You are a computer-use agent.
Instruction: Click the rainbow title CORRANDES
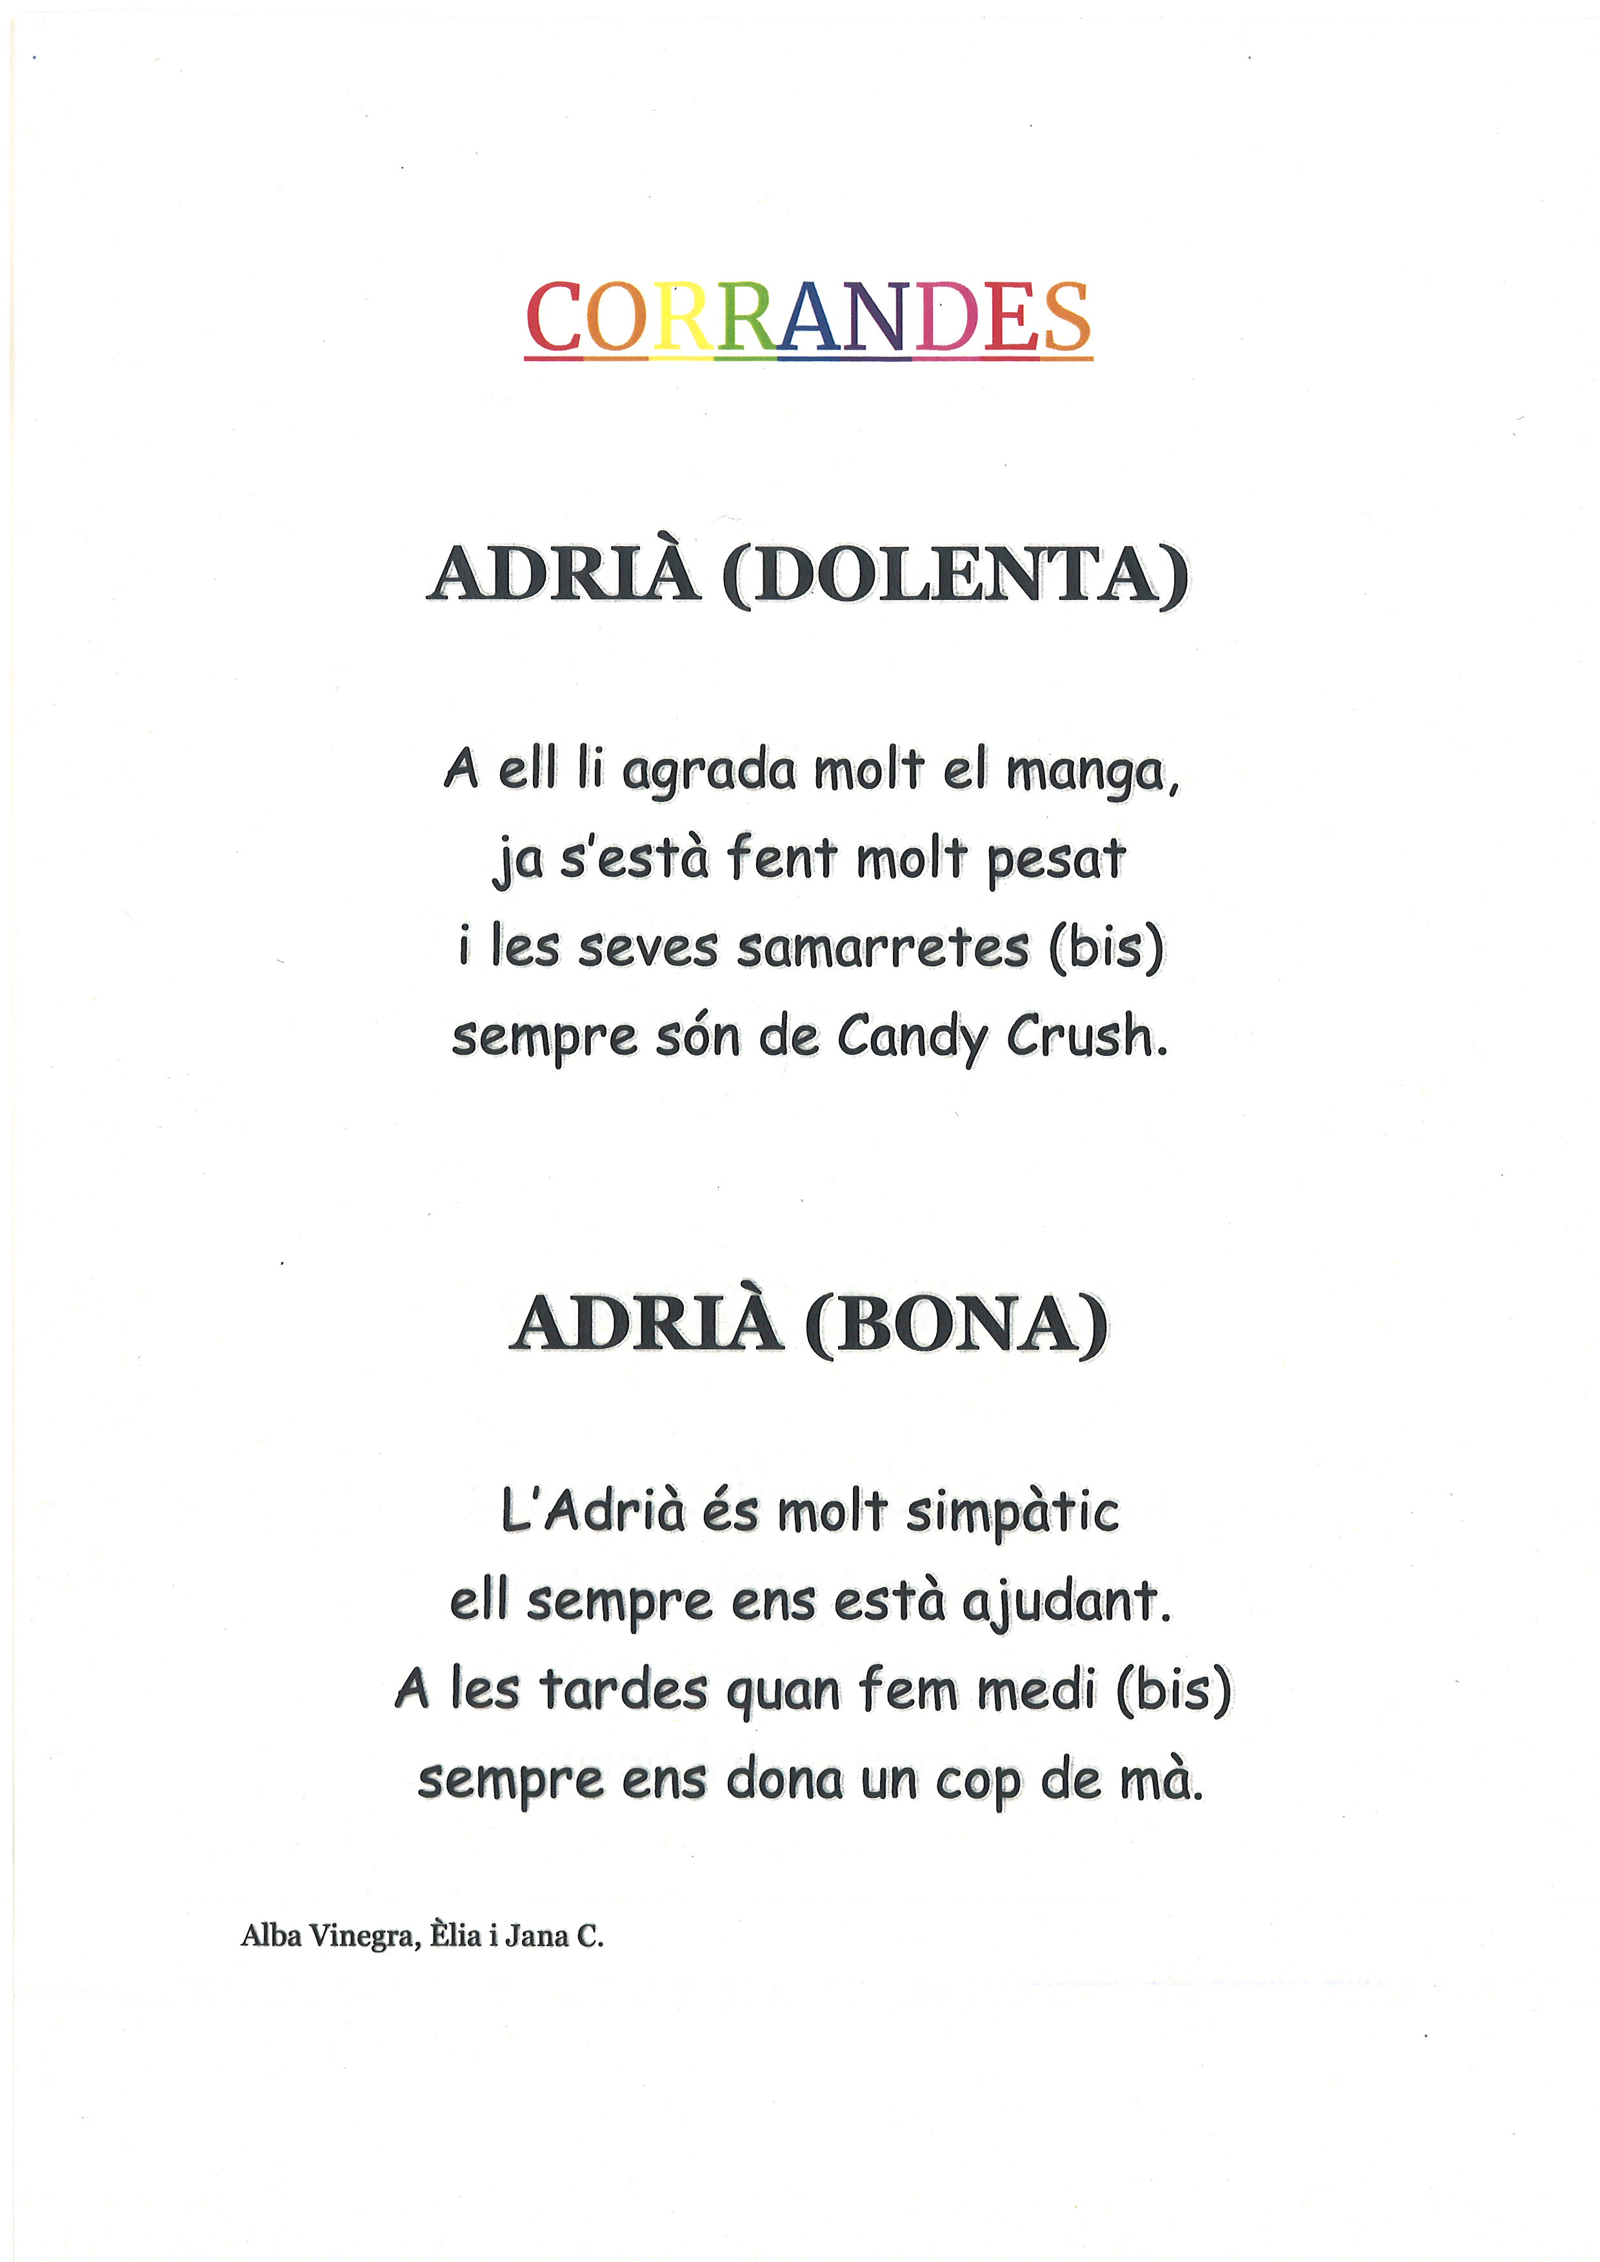pos(808,317)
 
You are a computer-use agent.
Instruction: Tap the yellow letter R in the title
pos(681,317)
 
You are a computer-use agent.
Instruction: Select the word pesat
pos(1056,859)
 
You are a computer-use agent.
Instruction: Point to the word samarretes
pos(883,947)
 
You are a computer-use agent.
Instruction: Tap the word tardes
pos(624,1690)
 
